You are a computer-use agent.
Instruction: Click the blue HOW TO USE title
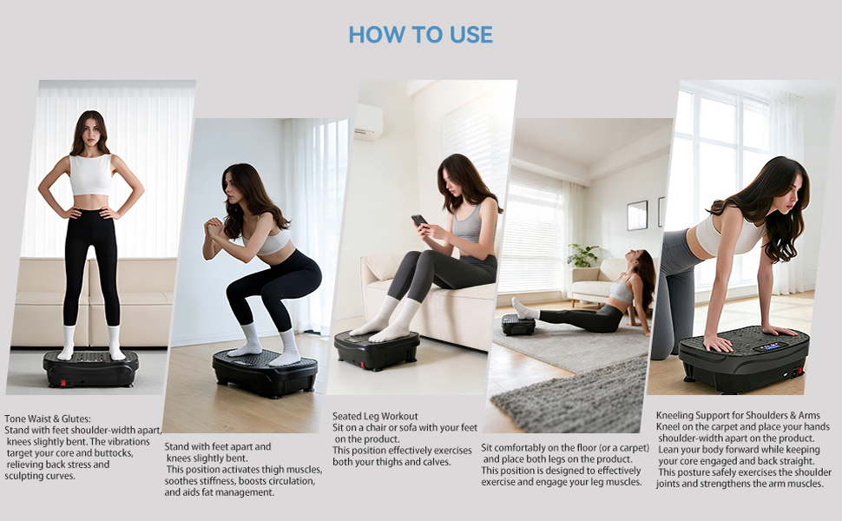point(420,35)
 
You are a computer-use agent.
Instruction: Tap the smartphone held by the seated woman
point(419,221)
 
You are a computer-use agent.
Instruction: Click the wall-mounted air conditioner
point(368,122)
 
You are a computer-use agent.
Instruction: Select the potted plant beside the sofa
point(582,255)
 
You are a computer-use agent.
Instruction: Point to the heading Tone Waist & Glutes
point(48,419)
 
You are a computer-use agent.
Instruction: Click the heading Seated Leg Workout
point(375,416)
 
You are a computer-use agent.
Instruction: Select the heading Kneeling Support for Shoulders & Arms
point(738,415)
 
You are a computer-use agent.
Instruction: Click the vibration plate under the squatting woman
point(266,372)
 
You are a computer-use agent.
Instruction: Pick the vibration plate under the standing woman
point(91,368)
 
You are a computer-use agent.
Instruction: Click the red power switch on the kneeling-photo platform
point(796,371)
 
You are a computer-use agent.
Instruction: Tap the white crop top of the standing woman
point(91,175)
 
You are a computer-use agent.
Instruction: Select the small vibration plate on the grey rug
point(518,325)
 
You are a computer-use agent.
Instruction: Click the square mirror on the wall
point(637,214)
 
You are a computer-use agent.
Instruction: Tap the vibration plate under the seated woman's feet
point(377,349)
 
